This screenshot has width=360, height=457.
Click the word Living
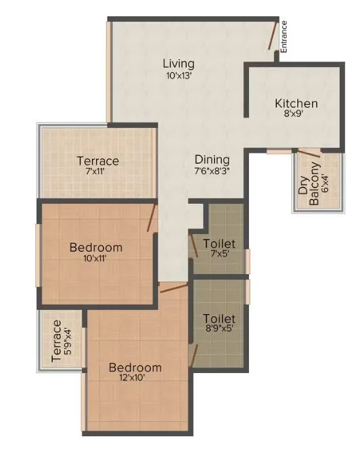point(179,64)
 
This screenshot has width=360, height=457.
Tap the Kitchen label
point(296,104)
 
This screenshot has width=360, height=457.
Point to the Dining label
point(212,159)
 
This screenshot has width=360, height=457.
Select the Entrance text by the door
point(284,37)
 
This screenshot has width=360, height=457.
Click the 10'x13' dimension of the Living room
point(179,76)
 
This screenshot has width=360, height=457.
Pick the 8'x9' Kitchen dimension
point(296,115)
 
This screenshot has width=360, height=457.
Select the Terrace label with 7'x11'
point(97,161)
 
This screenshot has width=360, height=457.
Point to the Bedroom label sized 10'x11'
point(96,247)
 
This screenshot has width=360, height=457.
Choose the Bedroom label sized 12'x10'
point(135,368)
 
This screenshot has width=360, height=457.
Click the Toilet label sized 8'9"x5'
point(219,318)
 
